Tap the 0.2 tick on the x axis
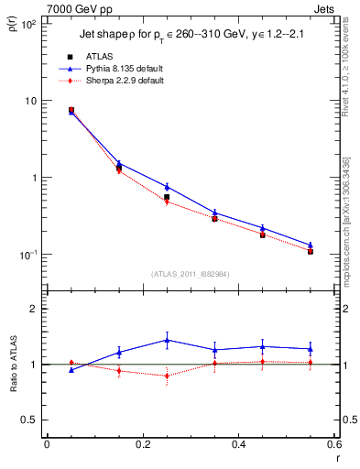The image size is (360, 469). (142, 444)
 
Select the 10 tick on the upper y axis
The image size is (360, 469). (32, 100)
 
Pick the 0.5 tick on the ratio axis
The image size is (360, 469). (30, 420)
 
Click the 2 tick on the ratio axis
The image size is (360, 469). (35, 309)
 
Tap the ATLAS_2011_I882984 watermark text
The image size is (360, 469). (191, 273)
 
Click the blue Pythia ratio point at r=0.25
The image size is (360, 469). (167, 340)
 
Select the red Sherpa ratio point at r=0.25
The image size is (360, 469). (167, 376)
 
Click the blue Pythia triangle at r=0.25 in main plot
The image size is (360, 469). (167, 187)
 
